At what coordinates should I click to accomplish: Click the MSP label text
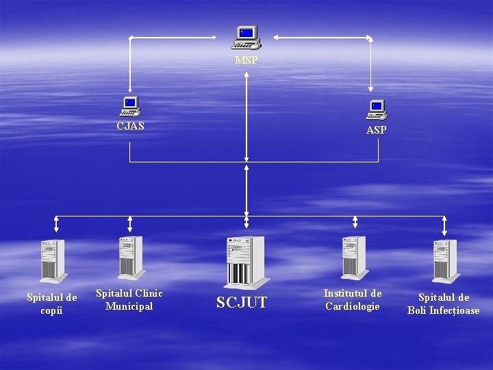(x=246, y=61)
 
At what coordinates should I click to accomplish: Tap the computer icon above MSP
(x=246, y=37)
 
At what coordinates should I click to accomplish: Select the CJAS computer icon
(x=129, y=106)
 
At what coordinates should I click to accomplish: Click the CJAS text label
(x=130, y=126)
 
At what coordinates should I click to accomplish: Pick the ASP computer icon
(x=376, y=110)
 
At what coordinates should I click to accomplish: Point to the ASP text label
(x=376, y=130)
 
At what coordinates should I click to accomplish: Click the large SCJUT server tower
(x=246, y=261)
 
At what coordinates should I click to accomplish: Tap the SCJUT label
(x=242, y=302)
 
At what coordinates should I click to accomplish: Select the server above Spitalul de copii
(x=52, y=260)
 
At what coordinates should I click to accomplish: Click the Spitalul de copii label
(x=51, y=304)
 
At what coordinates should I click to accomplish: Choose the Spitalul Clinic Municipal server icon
(x=129, y=258)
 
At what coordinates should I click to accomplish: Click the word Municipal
(x=129, y=306)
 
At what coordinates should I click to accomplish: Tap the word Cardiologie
(x=353, y=306)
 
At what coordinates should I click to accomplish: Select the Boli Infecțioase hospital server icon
(x=444, y=260)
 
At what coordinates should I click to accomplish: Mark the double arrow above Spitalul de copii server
(x=56, y=224)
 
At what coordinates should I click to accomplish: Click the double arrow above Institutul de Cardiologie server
(x=355, y=221)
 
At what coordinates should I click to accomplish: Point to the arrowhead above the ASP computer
(x=370, y=87)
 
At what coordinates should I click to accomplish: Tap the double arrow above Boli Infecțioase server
(x=444, y=225)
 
